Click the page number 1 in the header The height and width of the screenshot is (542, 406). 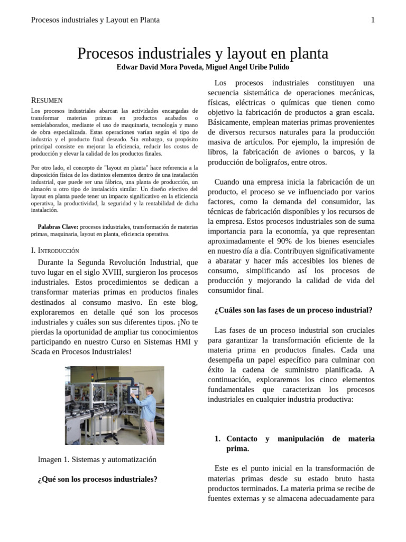373,20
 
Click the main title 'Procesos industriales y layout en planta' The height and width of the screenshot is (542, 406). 202,53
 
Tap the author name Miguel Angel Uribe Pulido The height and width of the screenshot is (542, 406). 247,67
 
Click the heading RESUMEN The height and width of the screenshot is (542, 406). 47,100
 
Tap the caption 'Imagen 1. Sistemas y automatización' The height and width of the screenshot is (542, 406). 97,459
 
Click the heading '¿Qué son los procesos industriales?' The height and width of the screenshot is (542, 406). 97,480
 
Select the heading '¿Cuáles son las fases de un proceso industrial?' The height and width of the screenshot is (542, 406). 293,310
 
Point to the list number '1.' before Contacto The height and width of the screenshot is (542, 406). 217,439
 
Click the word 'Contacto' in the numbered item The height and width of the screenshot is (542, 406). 242,439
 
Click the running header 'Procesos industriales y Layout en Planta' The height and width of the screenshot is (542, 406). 96,20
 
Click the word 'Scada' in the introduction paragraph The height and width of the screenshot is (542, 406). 42,352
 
